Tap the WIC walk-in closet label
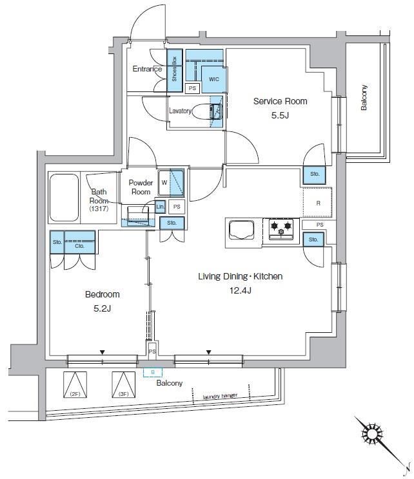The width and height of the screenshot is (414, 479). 213,79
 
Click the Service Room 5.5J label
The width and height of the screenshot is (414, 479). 280,107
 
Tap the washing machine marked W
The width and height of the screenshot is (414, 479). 172,182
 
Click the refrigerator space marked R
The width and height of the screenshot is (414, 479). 318,203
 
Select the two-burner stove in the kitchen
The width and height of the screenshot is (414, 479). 280,227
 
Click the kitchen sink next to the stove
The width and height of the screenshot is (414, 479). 242,230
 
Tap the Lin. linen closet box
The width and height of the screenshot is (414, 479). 160,207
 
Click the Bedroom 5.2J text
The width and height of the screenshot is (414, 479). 103,301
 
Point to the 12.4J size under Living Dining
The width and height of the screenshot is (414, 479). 240,290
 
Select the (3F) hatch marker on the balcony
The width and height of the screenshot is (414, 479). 122,385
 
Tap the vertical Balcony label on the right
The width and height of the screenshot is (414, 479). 364,98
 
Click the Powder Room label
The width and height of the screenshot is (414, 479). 141,187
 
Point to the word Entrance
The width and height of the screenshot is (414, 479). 148,69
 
